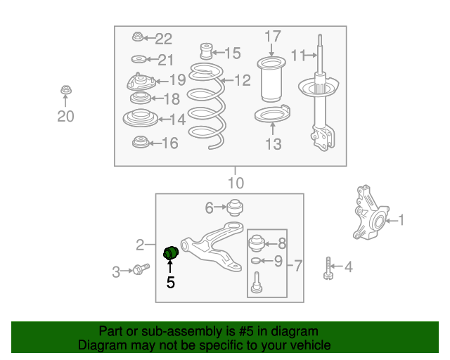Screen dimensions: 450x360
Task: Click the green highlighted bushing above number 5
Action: pos(171,252)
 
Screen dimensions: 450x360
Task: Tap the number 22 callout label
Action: pos(164,39)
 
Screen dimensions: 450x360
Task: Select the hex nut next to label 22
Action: pos(138,37)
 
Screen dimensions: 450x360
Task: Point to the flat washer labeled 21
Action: pos(139,60)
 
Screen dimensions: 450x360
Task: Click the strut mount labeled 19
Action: pos(141,82)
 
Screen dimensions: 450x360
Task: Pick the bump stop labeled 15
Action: pos(206,51)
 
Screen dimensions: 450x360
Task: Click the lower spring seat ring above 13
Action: pos(272,114)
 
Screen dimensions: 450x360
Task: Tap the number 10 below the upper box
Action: pos(236,183)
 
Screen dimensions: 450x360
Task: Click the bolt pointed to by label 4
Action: pos(328,269)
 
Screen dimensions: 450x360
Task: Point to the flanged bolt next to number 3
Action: pos(141,269)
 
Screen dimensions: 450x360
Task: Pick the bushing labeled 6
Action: pos(235,207)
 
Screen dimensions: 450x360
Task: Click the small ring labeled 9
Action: pos(256,261)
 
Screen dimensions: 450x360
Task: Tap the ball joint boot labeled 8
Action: pos(256,243)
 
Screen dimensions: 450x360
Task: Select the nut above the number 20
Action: pos(66,91)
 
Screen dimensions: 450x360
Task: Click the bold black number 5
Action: pos(170,283)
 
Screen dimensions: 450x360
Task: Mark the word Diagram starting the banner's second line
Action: pos(101,345)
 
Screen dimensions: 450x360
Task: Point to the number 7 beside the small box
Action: pos(298,266)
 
